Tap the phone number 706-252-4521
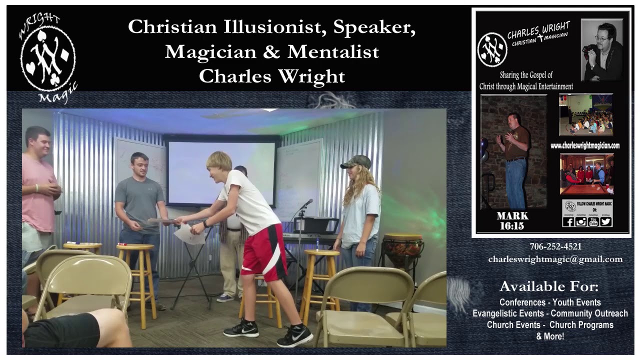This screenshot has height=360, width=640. pyautogui.click(x=555, y=246)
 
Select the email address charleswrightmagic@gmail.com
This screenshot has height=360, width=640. pyautogui.click(x=555, y=259)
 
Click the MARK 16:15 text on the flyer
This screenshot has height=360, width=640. pyautogui.click(x=512, y=221)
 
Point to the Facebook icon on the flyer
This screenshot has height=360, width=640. pyautogui.click(x=568, y=221)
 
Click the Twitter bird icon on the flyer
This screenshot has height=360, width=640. pyautogui.click(x=606, y=221)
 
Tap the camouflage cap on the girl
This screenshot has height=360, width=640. pyautogui.click(x=356, y=161)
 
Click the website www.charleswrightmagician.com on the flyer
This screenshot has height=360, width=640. pyautogui.click(x=584, y=145)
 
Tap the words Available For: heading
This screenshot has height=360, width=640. pyautogui.click(x=548, y=286)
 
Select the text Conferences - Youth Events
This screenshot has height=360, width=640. pyautogui.click(x=550, y=302)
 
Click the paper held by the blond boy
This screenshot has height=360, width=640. pyautogui.click(x=188, y=233)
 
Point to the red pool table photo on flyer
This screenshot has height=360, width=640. pyautogui.click(x=586, y=174)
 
